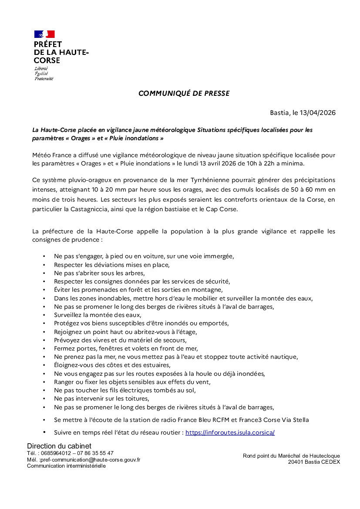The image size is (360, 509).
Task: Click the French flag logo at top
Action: (44, 34)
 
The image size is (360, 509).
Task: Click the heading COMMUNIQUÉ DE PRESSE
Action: (184, 93)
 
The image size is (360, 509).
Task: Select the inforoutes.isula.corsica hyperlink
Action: (230, 433)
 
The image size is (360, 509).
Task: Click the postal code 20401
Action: (296, 462)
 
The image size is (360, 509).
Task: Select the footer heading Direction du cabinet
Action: (59, 446)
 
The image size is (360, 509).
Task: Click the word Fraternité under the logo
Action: (44, 79)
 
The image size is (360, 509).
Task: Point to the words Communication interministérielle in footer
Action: (66, 466)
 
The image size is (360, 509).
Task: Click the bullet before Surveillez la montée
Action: (44, 315)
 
